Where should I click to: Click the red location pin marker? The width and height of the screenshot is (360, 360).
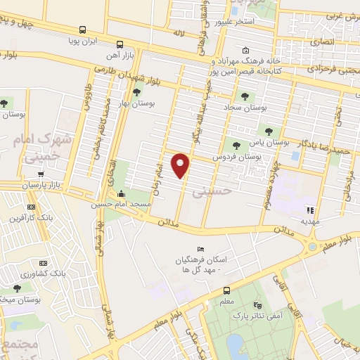pyautogui.click(x=181, y=165)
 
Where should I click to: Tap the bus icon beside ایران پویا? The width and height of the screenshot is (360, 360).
pyautogui.click(x=83, y=30)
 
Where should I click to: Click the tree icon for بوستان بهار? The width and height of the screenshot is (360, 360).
pyautogui.click(x=137, y=91)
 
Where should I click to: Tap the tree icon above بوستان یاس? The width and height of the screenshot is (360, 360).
pyautogui.click(x=266, y=131)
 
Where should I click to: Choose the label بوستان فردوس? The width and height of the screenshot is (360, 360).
pyautogui.click(x=237, y=155)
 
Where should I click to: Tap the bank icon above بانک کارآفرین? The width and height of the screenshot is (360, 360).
pyautogui.click(x=30, y=207)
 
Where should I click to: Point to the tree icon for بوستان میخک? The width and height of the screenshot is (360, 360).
pyautogui.click(x=15, y=288)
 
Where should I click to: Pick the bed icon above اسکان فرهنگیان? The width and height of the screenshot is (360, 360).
pyautogui.click(x=200, y=249)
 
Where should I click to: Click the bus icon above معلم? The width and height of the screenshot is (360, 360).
pyautogui.click(x=226, y=291)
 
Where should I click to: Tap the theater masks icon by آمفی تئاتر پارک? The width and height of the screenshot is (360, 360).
pyautogui.click(x=257, y=306)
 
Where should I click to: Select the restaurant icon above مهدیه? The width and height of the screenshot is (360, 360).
pyautogui.click(x=309, y=210)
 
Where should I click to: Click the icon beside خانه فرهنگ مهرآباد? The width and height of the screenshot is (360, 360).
pyautogui.click(x=244, y=51)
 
